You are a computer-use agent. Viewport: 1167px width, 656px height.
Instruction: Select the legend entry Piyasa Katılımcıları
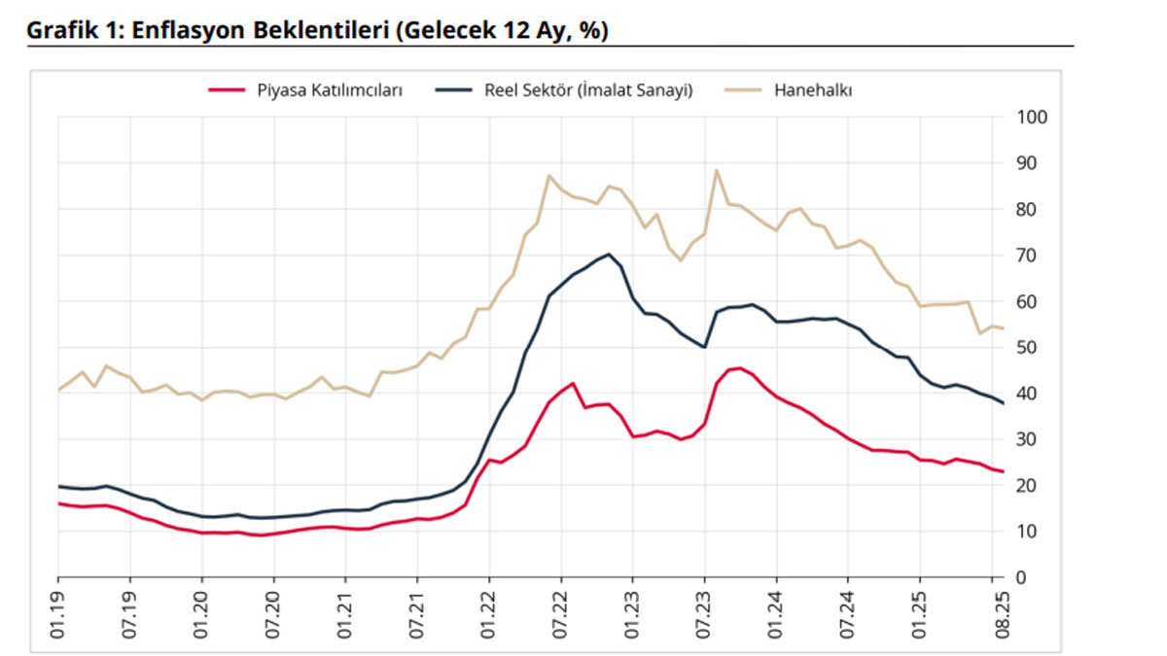(x=329, y=90)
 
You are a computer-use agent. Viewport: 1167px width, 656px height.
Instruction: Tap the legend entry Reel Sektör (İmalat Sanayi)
(x=587, y=90)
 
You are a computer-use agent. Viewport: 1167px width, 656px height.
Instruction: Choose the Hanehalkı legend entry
(x=813, y=90)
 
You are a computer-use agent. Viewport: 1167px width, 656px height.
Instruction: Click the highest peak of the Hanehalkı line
(x=717, y=171)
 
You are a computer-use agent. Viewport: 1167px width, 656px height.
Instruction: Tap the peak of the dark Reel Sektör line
(x=609, y=255)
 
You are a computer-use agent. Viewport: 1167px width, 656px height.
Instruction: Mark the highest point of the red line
(x=740, y=368)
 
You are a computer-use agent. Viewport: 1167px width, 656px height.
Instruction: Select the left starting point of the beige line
(x=58, y=390)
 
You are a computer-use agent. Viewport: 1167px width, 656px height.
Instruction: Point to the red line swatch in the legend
(x=227, y=90)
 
